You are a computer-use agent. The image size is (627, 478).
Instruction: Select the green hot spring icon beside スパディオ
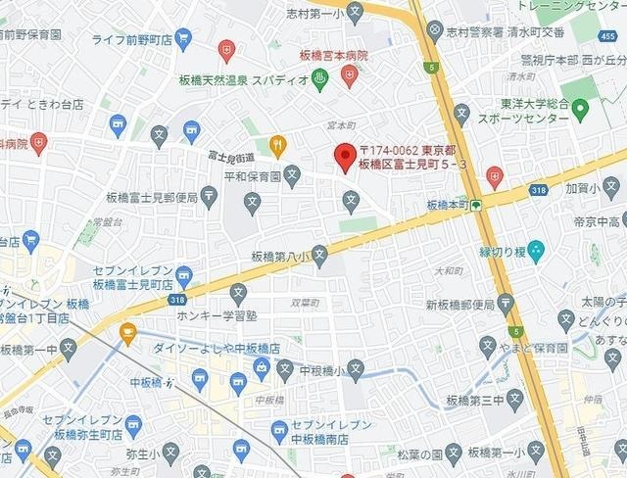click(319, 79)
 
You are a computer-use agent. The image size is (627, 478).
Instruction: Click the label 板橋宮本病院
click(334, 56)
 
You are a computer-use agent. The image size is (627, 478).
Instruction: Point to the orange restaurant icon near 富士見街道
click(277, 146)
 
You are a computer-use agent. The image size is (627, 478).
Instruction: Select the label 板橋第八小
click(279, 257)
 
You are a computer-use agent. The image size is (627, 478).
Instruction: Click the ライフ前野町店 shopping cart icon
click(183, 40)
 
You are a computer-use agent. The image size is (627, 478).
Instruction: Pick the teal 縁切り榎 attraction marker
click(535, 249)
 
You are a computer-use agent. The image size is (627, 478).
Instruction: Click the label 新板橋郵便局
click(460, 305)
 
